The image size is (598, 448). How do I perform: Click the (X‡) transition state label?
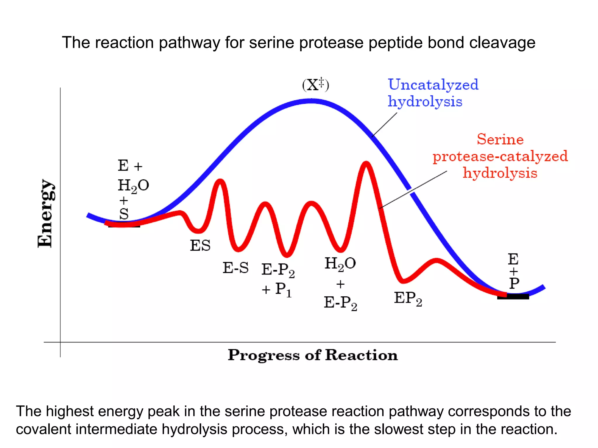click(x=315, y=85)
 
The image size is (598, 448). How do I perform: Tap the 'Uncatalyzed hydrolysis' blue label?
click(x=433, y=93)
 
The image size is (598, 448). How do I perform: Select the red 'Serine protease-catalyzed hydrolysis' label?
click(x=500, y=156)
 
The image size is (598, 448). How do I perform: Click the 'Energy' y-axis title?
click(x=45, y=213)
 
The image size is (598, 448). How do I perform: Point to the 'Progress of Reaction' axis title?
click(x=313, y=355)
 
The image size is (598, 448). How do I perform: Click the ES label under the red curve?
click(x=200, y=245)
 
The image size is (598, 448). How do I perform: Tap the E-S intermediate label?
click(x=235, y=268)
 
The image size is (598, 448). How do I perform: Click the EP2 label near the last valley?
click(x=408, y=299)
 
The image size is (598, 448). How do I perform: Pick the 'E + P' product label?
click(x=514, y=271)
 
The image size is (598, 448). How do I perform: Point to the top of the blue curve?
click(x=311, y=101)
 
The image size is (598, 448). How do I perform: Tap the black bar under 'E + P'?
click(x=513, y=297)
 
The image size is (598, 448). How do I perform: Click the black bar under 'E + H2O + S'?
click(x=124, y=225)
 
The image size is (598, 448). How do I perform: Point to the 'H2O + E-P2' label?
click(x=340, y=283)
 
